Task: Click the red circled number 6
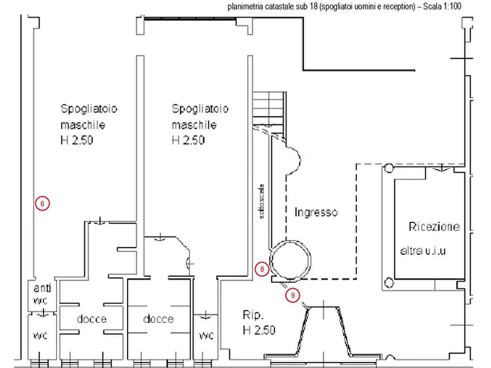pyautogui.click(x=42, y=203)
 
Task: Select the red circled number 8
pyautogui.click(x=262, y=269)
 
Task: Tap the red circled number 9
pyautogui.click(x=294, y=295)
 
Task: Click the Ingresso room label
pyautogui.click(x=316, y=212)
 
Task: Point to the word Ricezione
pyautogui.click(x=434, y=226)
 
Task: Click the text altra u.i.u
pyautogui.click(x=422, y=252)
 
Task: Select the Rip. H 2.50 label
pyautogui.click(x=258, y=322)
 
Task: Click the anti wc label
pyautogui.click(x=42, y=293)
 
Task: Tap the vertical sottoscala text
pyautogui.click(x=263, y=202)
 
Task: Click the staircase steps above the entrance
pyautogui.click(x=269, y=107)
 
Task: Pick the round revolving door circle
pyautogui.click(x=290, y=260)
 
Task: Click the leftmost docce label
pyautogui.click(x=91, y=319)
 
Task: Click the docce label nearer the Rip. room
pyautogui.click(x=159, y=319)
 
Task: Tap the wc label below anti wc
pyautogui.click(x=41, y=335)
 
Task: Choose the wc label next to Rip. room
pyautogui.click(x=206, y=335)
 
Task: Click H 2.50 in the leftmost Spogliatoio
pyautogui.click(x=77, y=140)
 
